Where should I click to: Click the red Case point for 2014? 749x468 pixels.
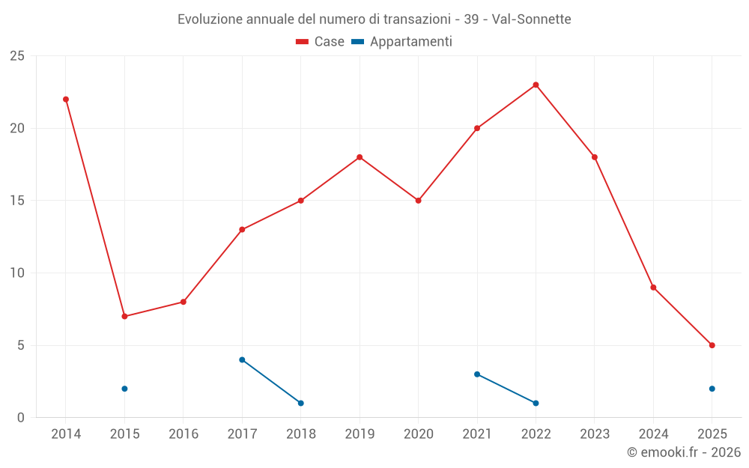(x=66, y=100)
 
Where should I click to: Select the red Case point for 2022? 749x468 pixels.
(x=536, y=85)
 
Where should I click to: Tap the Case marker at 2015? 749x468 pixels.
(x=124, y=317)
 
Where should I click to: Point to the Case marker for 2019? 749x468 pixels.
(x=360, y=157)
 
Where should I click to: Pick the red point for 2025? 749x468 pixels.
(x=712, y=345)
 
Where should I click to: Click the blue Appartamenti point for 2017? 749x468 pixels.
(x=242, y=360)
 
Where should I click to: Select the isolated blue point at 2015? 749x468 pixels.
(x=124, y=389)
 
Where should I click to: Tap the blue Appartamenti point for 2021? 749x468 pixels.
(x=477, y=374)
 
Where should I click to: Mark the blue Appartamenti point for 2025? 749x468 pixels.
(x=712, y=389)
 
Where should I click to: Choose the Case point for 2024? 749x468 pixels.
(x=653, y=288)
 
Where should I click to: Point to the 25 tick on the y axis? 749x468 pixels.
(x=16, y=56)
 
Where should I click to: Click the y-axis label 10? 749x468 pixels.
(x=16, y=273)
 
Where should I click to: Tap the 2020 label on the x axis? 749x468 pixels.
(x=418, y=434)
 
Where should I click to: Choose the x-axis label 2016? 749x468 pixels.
(x=184, y=434)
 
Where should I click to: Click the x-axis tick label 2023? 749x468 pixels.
(x=595, y=434)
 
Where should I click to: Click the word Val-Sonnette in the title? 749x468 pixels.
(x=532, y=19)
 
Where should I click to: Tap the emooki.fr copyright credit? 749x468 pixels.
(x=684, y=452)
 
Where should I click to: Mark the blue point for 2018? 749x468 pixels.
(x=300, y=404)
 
